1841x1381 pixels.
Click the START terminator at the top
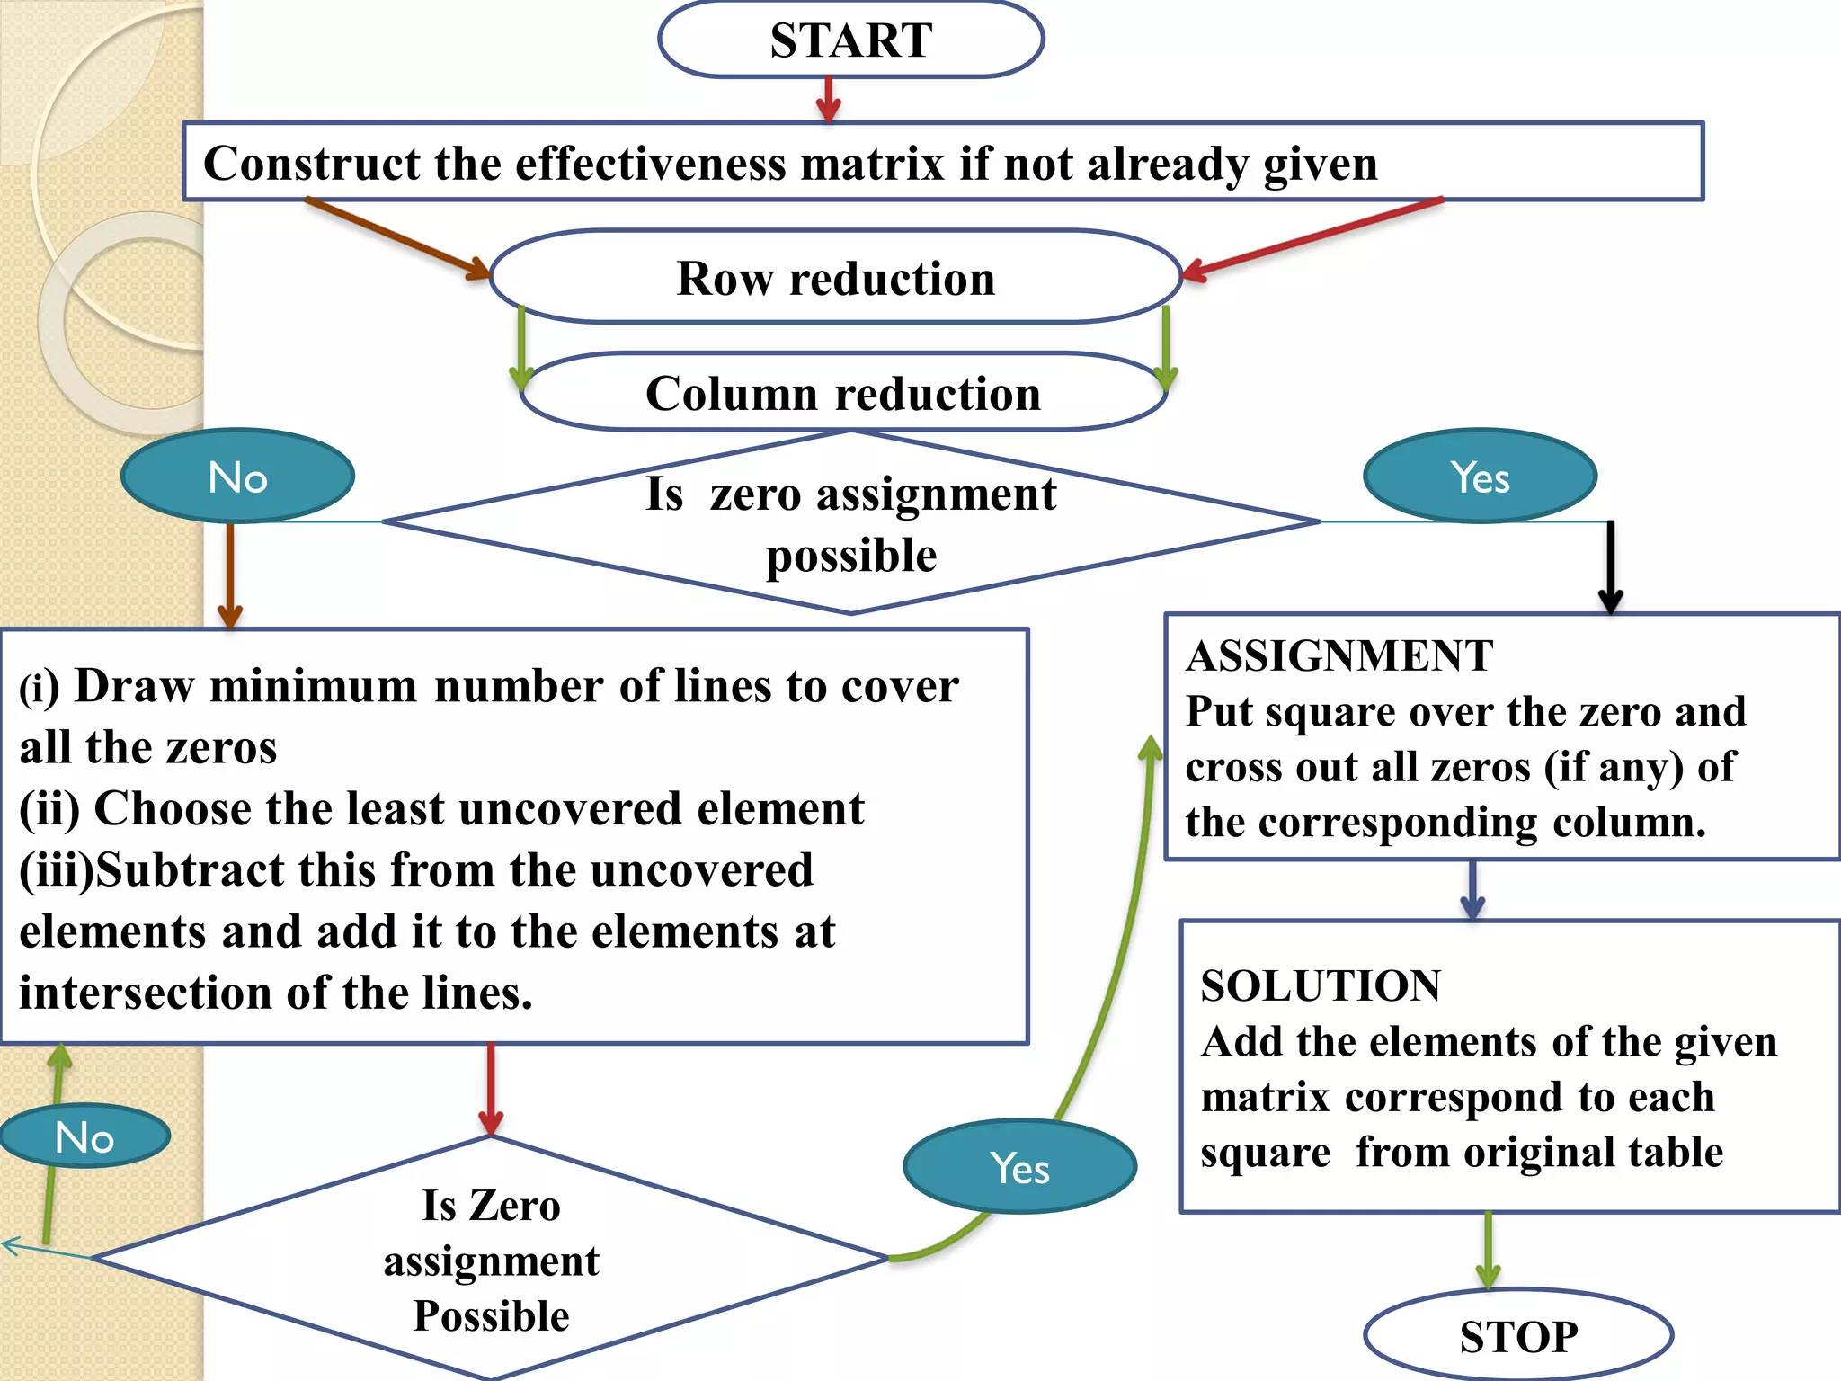tap(850, 40)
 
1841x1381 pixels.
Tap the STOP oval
tap(1517, 1336)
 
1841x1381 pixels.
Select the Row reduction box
tap(835, 278)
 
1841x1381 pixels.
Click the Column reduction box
tap(842, 394)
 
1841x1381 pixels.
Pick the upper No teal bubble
tap(237, 477)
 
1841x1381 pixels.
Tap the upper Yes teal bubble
tap(1480, 477)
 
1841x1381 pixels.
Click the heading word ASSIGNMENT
tap(1339, 655)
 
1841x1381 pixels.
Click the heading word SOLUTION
tap(1321, 985)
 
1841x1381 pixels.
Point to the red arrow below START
tap(828, 99)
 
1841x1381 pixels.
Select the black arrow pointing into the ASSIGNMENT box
tap(1610, 566)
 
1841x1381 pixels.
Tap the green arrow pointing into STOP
tap(1488, 1250)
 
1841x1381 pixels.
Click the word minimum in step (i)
tap(313, 687)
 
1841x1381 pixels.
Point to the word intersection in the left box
tap(146, 993)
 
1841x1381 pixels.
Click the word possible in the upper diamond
tap(850, 556)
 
